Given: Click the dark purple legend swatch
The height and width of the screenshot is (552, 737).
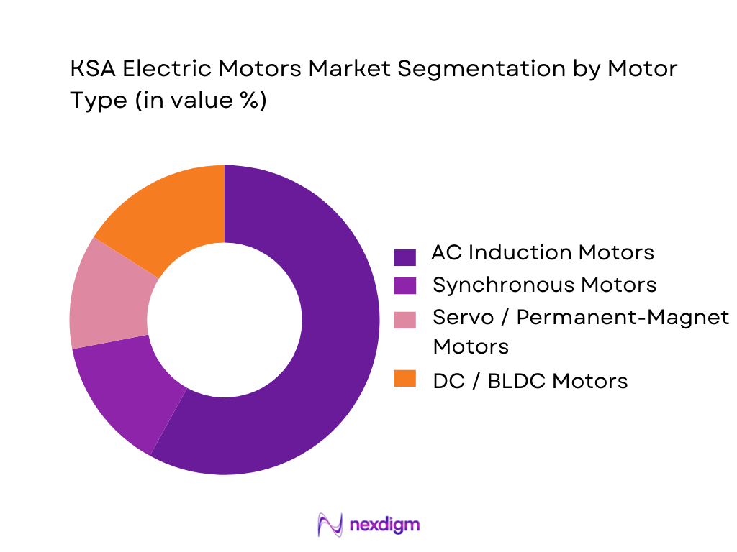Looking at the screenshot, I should (405, 256).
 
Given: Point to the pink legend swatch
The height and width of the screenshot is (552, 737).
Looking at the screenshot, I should (405, 318).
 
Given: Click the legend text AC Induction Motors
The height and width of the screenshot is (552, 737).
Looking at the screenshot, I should (543, 253).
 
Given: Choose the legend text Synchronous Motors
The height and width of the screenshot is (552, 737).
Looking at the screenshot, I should (544, 285).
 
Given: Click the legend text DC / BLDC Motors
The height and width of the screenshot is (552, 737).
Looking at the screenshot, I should (530, 380).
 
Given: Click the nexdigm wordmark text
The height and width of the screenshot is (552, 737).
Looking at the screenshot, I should (384, 525).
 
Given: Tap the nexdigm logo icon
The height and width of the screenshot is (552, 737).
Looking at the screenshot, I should (330, 525).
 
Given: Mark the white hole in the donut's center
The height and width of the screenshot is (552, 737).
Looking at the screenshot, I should (225, 320).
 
